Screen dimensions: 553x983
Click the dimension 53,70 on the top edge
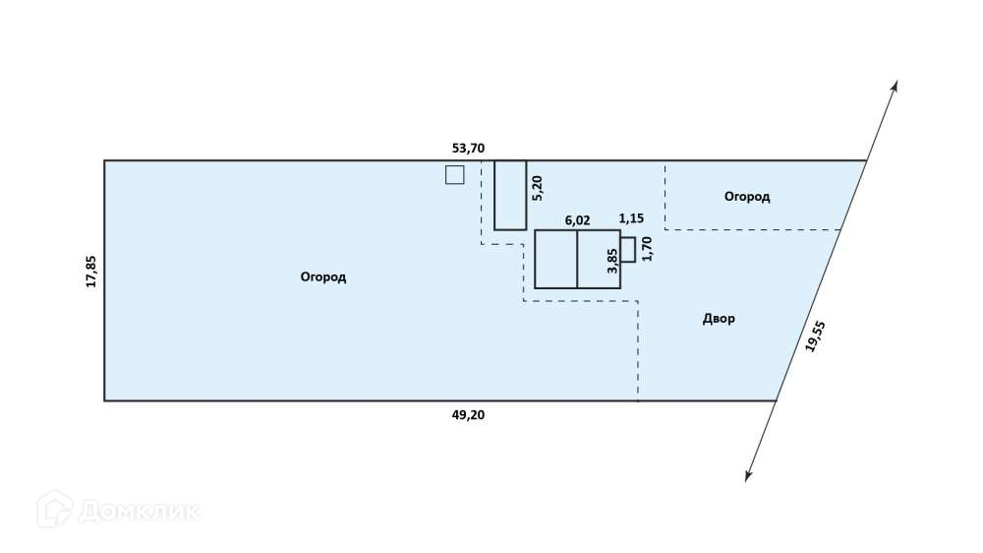coord(468,149)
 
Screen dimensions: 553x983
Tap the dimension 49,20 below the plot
coord(468,414)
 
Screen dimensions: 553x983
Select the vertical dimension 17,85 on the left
coord(91,272)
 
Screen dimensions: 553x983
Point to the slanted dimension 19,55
coord(814,337)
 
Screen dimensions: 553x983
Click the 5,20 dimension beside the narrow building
coord(537,187)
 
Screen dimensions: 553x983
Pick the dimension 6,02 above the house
coord(577,220)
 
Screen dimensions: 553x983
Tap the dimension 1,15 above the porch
coord(630,218)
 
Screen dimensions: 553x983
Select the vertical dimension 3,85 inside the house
coord(612,259)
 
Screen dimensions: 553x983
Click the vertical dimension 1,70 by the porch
coord(646,248)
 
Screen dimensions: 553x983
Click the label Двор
coord(719,319)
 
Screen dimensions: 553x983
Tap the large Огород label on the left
coord(323,277)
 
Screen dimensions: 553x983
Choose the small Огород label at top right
coord(747,197)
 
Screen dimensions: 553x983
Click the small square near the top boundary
coord(454,175)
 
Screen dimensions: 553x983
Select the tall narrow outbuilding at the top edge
coord(510,195)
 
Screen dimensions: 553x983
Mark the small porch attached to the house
coord(627,249)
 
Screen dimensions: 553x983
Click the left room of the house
coord(555,259)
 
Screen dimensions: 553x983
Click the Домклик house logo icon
coord(54,509)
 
